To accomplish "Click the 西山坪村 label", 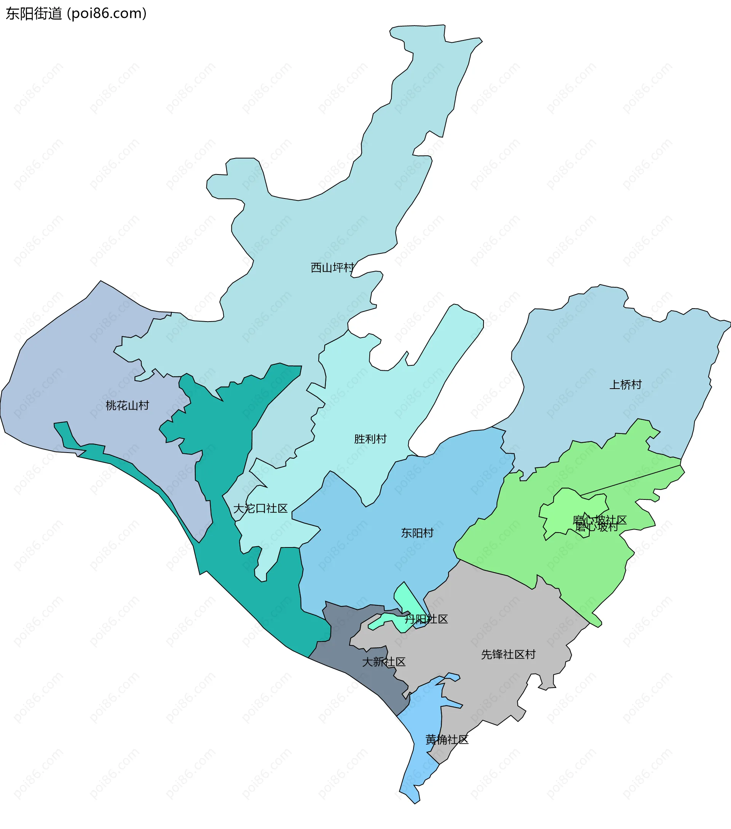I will (332, 268).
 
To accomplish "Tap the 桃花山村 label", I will (127, 405).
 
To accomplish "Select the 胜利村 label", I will (370, 439).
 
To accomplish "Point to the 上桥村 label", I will (626, 384).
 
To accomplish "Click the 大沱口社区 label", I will (260, 509).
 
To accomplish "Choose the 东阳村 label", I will (417, 533).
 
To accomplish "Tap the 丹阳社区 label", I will (426, 619).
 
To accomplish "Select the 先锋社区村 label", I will (508, 655).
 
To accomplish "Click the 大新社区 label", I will (384, 662).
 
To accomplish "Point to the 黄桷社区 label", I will (447, 740).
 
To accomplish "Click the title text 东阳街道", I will (34, 14).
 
